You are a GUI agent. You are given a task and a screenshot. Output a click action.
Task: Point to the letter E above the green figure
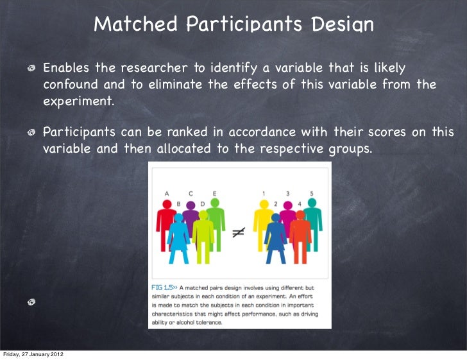coord(214,193)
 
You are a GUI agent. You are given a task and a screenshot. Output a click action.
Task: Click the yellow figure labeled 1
coord(263,225)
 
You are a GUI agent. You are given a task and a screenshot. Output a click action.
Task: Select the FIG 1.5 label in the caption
coord(163,288)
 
